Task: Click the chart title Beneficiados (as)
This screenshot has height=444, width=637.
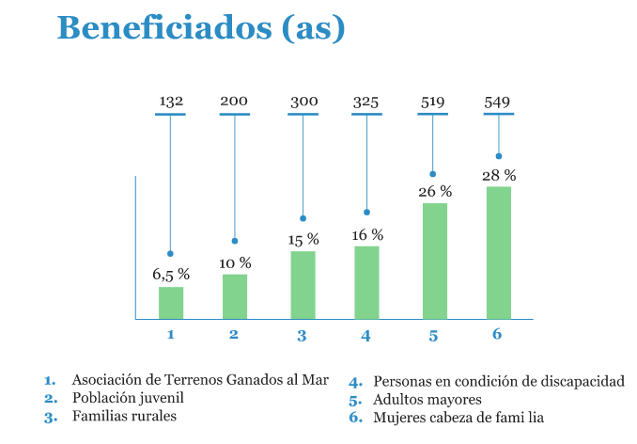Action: pos(200,27)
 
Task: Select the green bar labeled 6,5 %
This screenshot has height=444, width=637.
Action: pos(171,303)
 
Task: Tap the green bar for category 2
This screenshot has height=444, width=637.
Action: pos(235,296)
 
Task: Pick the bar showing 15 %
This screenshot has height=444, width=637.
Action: pos(303,285)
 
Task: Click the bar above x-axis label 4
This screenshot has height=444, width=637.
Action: pos(366,282)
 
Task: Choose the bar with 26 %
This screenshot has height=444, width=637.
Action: pos(434,261)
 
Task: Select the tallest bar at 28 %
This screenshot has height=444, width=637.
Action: pos(499,253)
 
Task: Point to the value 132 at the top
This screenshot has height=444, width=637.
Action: pos(170,101)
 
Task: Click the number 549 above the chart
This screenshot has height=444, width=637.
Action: pos(497,101)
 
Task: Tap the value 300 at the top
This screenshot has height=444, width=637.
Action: pos(303,101)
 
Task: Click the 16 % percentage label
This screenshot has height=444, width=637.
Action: pos(367,235)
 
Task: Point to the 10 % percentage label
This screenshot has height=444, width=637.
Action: pos(235,263)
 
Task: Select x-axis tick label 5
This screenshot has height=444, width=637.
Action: pos(433,335)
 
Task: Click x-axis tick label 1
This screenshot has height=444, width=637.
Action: pos(170,335)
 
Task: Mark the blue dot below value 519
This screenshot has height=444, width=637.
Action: pos(433,174)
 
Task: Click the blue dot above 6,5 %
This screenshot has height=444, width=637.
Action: pos(170,254)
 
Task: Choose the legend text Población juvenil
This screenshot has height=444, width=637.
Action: pos(121,398)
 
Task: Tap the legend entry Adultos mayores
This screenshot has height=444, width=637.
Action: pos(427,400)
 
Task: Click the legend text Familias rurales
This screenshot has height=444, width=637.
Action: pos(124,415)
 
